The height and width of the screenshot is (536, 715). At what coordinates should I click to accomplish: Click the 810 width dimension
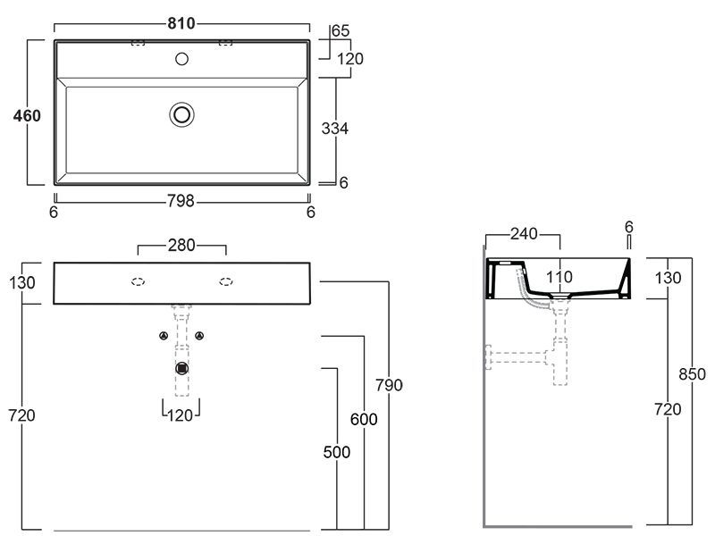tap(181, 22)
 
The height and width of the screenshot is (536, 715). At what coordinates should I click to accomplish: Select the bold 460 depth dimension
tap(26, 114)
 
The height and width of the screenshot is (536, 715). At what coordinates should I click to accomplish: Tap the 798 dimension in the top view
tap(181, 201)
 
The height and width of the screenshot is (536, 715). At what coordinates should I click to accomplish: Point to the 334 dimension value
tap(334, 129)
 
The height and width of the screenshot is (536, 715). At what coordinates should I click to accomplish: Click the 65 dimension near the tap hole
tap(341, 30)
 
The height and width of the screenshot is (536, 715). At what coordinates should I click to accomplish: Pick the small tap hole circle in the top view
tap(182, 59)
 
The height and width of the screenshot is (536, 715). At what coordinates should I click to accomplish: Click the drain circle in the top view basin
tap(182, 113)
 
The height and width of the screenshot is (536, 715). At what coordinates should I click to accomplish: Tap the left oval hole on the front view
tap(139, 282)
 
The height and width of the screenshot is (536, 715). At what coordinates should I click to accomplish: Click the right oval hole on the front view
tap(225, 282)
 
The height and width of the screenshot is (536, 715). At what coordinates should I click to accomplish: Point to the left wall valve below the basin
tap(164, 336)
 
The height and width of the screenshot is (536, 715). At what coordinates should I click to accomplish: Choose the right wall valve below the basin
tap(201, 336)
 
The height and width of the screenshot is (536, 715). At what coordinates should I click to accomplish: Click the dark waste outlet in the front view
tap(182, 367)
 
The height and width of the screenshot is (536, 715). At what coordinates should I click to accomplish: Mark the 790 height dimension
tap(390, 385)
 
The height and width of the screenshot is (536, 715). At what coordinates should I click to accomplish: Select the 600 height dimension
tap(364, 419)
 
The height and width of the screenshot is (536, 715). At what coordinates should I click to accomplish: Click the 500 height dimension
tap(336, 452)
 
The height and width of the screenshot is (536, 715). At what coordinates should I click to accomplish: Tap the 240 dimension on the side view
tap(522, 234)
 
